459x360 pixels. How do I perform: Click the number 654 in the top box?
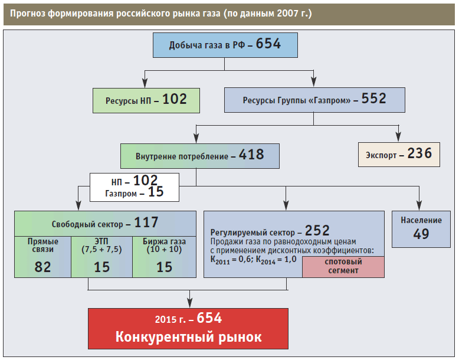[268, 44]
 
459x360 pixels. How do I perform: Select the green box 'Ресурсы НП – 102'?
[146, 100]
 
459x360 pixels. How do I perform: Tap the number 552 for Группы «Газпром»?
[373, 99]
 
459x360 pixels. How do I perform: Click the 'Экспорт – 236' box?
[399, 154]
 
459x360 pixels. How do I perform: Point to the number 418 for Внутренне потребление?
[251, 156]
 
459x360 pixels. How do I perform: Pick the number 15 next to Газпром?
[156, 192]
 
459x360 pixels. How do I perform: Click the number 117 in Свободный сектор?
[146, 223]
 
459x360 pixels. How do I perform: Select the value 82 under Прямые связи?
[42, 266]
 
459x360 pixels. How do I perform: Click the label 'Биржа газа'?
[164, 241]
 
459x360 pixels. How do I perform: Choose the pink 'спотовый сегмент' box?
[343, 266]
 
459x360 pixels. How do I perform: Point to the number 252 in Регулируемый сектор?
[317, 230]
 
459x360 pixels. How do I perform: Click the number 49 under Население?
[421, 234]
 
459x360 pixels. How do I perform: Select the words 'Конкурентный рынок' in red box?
[188, 337]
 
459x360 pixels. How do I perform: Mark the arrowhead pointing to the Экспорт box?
[399, 138]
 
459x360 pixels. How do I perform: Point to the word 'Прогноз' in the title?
[29, 12]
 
